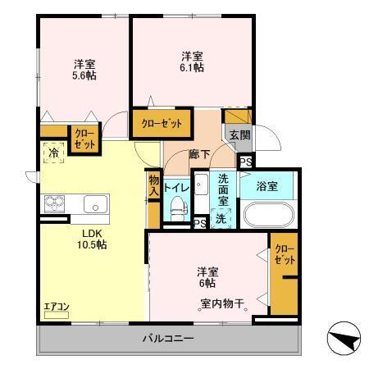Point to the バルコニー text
point(166,338)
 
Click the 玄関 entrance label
point(239,136)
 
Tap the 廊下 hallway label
point(200,154)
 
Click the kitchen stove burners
point(54,203)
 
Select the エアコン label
point(57,307)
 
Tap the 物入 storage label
point(153,185)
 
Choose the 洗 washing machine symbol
point(221,217)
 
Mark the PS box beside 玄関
point(245,162)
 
